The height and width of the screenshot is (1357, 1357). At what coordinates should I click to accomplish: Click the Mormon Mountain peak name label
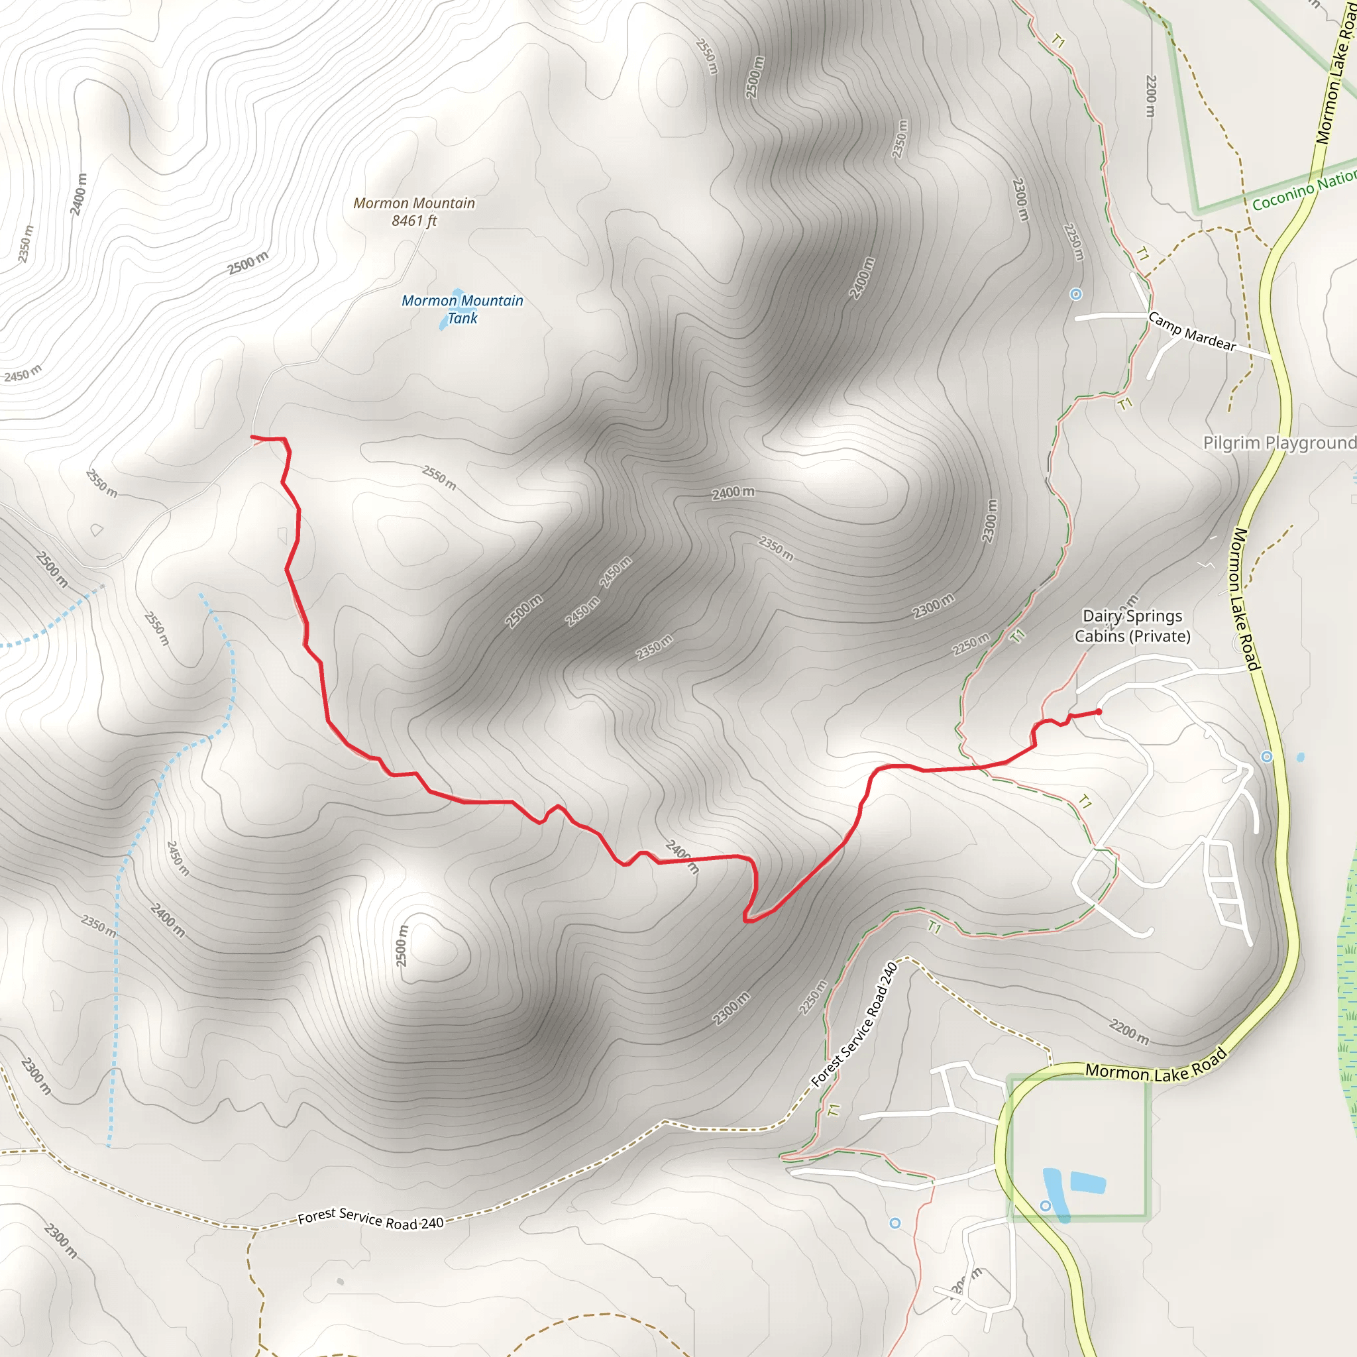tap(413, 203)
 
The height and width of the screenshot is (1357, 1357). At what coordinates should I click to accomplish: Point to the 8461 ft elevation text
tap(413, 221)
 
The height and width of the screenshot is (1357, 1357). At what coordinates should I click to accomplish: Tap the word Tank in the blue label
tap(462, 318)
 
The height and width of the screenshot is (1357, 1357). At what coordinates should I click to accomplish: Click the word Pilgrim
tap(1232, 443)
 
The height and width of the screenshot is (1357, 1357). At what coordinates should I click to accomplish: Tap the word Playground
tap(1310, 443)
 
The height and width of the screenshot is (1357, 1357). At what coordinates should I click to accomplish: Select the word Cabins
tap(1099, 636)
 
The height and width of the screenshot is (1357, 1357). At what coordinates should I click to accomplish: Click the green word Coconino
tap(1283, 197)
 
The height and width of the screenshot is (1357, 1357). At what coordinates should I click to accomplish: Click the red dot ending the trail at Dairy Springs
tap(1099, 712)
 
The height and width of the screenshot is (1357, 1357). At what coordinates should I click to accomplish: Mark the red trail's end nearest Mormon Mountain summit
tap(252, 437)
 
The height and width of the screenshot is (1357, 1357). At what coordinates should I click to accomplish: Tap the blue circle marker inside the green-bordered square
tap(1045, 1206)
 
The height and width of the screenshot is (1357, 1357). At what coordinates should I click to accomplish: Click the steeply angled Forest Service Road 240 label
tap(854, 1025)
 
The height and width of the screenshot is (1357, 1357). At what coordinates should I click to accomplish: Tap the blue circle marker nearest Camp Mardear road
tap(1075, 294)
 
